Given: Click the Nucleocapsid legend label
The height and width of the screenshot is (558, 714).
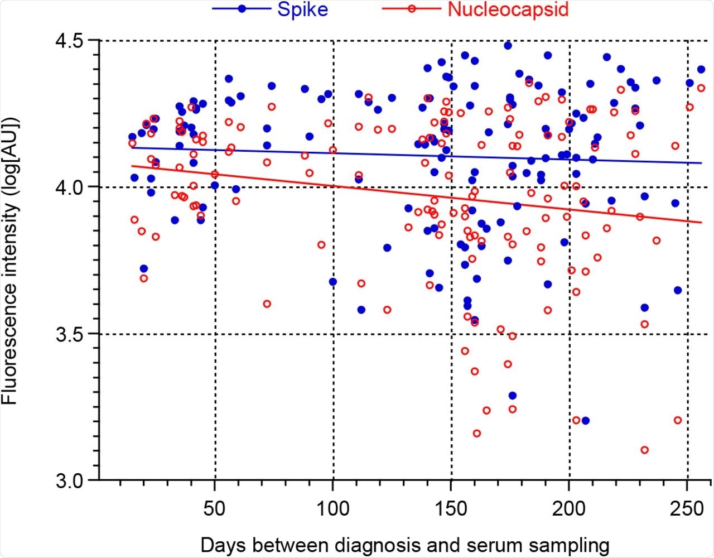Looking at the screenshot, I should tap(508, 9).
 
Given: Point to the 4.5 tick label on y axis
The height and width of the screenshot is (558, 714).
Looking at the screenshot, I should tap(69, 41).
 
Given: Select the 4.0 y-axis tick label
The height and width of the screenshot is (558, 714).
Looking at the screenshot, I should tap(69, 187).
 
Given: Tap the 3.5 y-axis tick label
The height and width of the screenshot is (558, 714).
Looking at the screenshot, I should tap(69, 334).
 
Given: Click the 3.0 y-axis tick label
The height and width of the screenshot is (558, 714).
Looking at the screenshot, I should tap(69, 480).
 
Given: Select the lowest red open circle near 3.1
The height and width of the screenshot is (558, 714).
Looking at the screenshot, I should tap(645, 450).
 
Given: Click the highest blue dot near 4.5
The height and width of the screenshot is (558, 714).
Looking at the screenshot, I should tap(508, 45).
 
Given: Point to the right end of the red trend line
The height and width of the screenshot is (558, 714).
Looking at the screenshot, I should tap(701, 223).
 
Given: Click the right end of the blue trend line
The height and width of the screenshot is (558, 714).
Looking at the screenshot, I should tap(701, 163).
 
